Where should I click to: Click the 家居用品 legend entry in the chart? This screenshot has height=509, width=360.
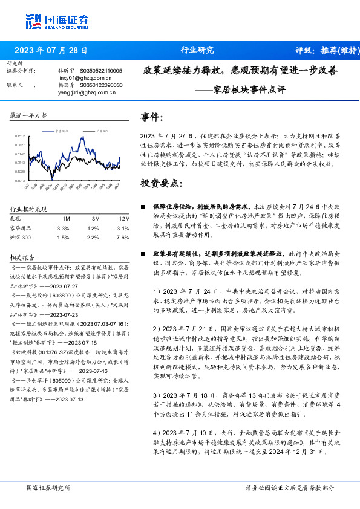coord(61,131)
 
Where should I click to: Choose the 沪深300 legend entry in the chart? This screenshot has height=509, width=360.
coord(100,131)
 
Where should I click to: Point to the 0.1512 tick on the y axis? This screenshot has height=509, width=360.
coord(21,137)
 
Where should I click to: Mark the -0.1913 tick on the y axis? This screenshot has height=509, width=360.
coord(21,180)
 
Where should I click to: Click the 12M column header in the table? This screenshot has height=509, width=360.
coord(123,218)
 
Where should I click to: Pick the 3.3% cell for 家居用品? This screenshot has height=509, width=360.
coord(63,228)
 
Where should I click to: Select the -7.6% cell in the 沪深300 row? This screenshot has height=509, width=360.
coord(122,238)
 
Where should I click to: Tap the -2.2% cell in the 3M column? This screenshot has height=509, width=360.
coord(93,238)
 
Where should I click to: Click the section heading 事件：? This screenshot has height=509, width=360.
coord(152,117)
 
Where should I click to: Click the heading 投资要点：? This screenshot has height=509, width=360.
coord(161,183)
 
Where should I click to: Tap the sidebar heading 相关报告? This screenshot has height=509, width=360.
coord(25,256)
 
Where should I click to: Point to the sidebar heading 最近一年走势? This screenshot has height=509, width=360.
coord(29,115)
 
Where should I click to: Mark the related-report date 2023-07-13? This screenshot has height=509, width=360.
coord(68,399)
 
